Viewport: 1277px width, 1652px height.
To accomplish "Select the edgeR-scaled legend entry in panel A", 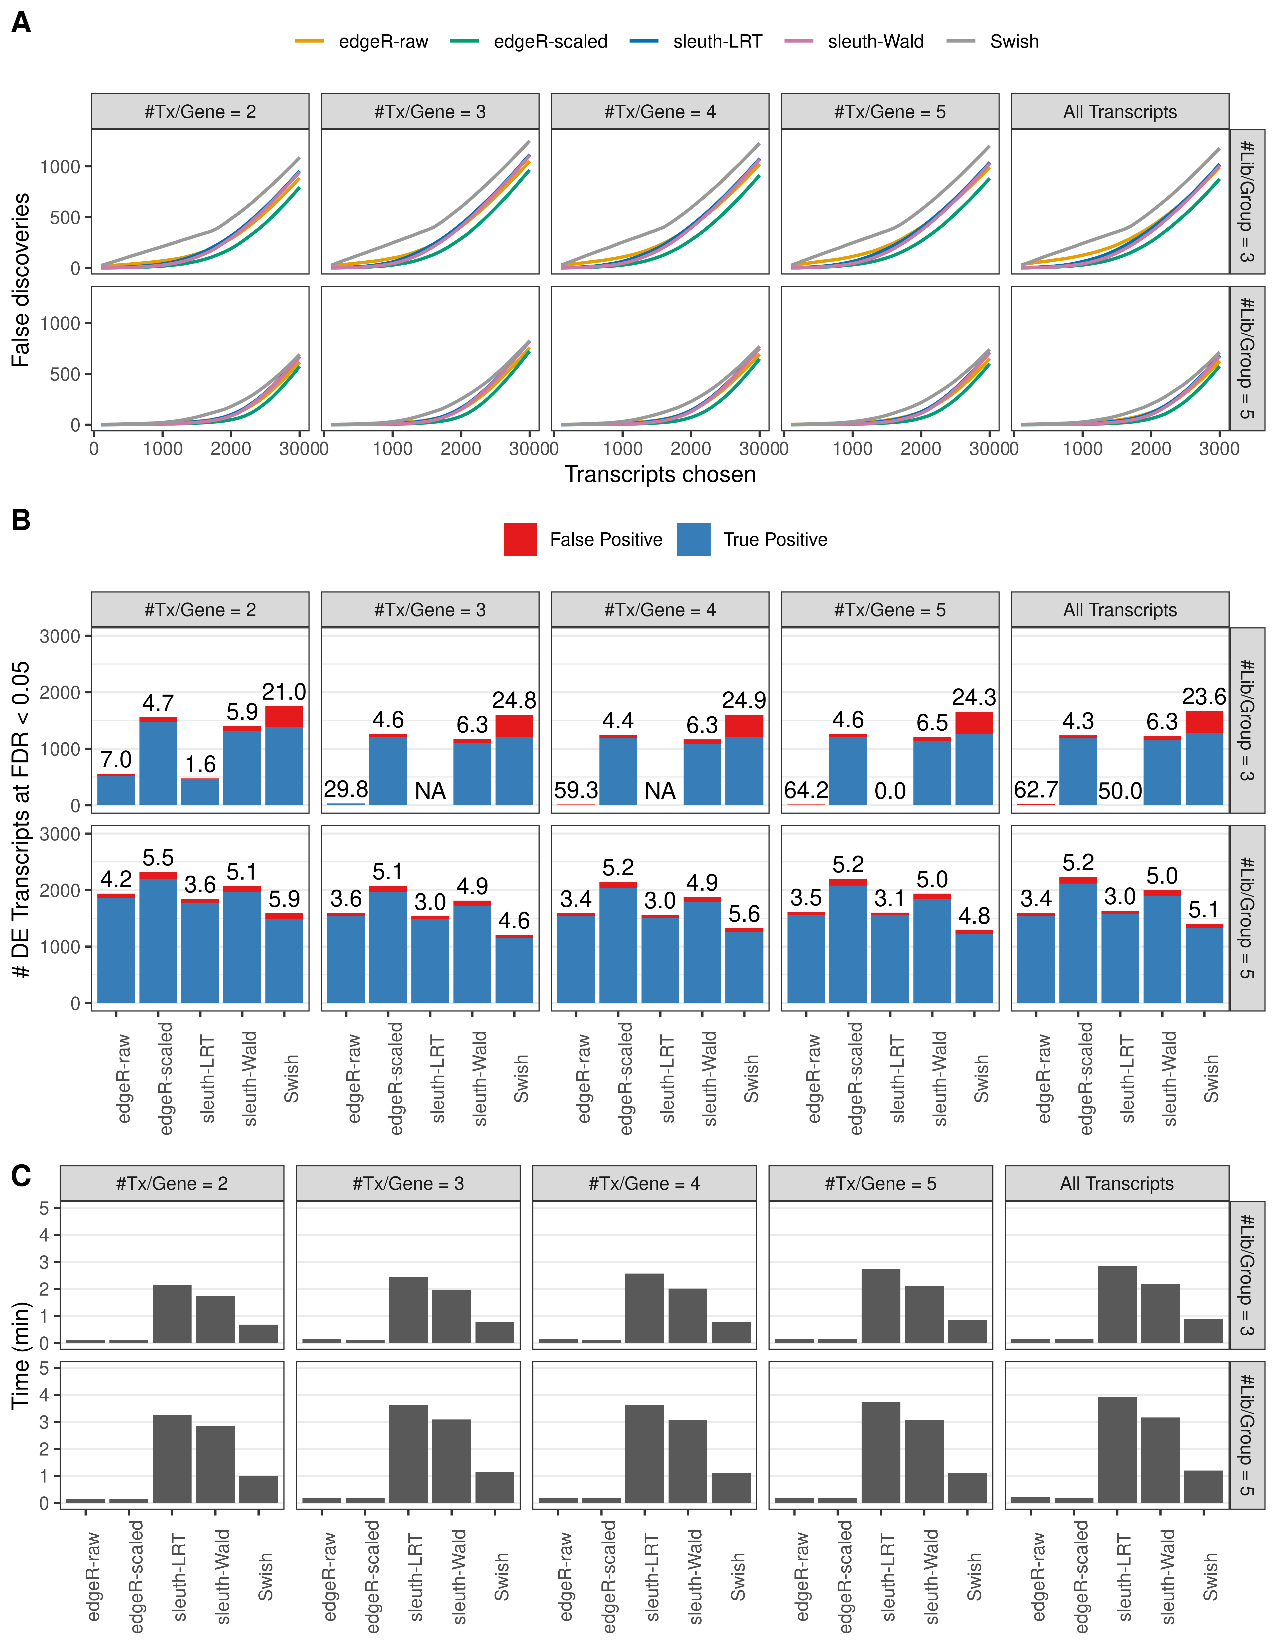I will click(x=550, y=42).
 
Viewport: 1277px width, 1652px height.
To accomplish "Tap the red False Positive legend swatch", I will click(x=521, y=539).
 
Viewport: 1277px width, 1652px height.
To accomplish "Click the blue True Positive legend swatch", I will click(x=694, y=539).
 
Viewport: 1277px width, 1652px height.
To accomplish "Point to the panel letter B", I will click(x=21, y=520).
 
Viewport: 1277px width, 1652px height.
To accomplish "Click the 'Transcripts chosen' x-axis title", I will click(x=660, y=474).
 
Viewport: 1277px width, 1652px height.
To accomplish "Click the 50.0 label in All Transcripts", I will click(x=1120, y=790).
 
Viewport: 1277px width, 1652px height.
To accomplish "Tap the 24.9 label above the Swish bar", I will click(x=744, y=700).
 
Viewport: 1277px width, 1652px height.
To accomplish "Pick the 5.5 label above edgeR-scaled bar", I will click(x=158, y=858).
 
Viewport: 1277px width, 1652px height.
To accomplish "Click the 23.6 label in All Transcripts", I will click(x=1204, y=696).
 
